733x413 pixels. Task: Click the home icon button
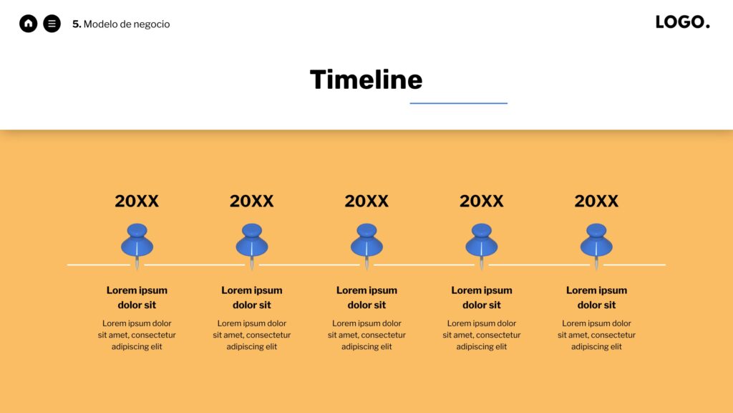pyautogui.click(x=28, y=24)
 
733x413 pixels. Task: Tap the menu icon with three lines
pyautogui.click(x=52, y=24)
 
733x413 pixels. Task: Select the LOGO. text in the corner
pyautogui.click(x=682, y=22)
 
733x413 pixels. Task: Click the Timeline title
pyautogui.click(x=366, y=79)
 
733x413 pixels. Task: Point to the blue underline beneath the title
pyautogui.click(x=459, y=103)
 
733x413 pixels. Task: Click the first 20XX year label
pyautogui.click(x=137, y=201)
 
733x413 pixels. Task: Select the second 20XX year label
pyautogui.click(x=251, y=201)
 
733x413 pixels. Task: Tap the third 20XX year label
pyautogui.click(x=366, y=201)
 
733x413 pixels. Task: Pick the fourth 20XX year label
pyautogui.click(x=482, y=201)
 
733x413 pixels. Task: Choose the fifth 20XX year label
pyautogui.click(x=596, y=201)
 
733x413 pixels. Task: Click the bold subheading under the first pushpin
pyautogui.click(x=137, y=298)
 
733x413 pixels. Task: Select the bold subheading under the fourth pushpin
pyautogui.click(x=482, y=298)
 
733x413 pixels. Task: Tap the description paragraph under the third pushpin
pyautogui.click(x=366, y=335)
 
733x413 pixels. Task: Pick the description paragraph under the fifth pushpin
pyautogui.click(x=596, y=335)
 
